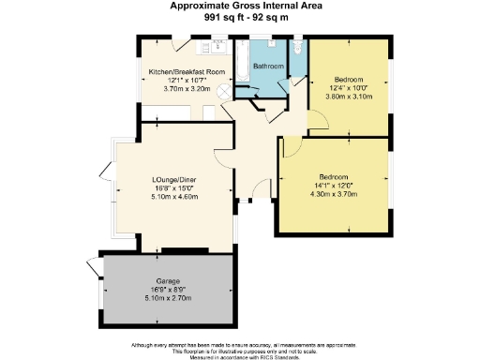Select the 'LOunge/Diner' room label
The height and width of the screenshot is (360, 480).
point(175,181)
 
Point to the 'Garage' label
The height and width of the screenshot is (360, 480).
point(168,280)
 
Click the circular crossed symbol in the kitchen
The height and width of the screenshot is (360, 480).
point(223,92)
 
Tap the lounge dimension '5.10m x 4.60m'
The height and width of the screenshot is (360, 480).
point(175,197)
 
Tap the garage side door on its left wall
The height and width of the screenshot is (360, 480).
point(93,265)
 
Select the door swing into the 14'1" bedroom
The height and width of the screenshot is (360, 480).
point(289,146)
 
